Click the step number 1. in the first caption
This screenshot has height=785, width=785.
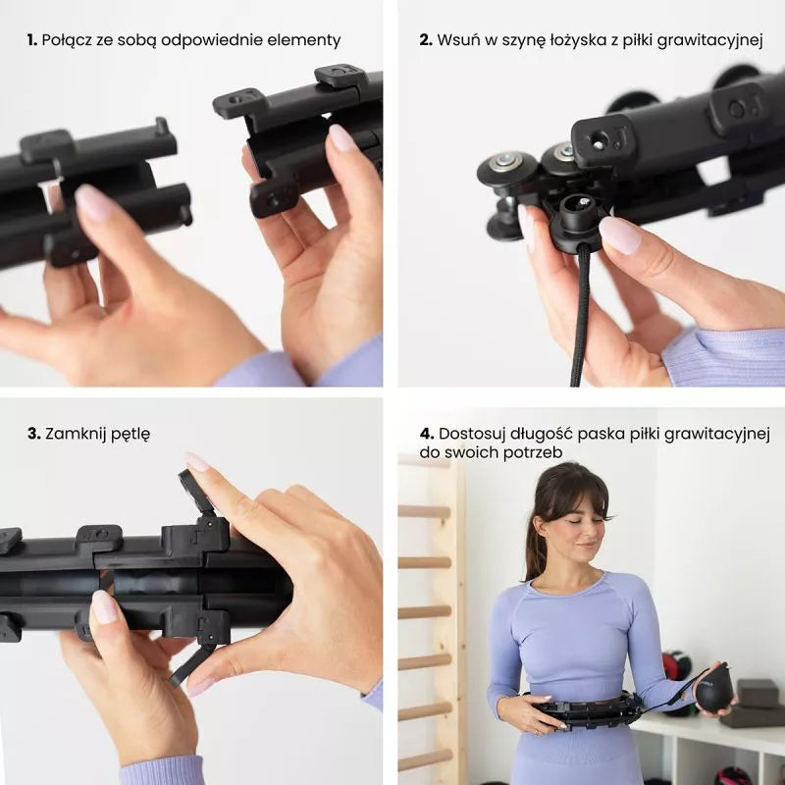pos(32,40)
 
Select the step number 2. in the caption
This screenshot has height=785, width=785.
pos(426,40)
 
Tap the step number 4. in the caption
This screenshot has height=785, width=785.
pos(427,434)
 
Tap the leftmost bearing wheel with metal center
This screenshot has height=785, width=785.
pos(505,169)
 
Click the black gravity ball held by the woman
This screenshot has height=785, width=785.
pos(715,690)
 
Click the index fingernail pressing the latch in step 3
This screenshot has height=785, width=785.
pos(196,461)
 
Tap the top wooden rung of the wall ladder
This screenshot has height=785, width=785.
pos(425,511)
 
